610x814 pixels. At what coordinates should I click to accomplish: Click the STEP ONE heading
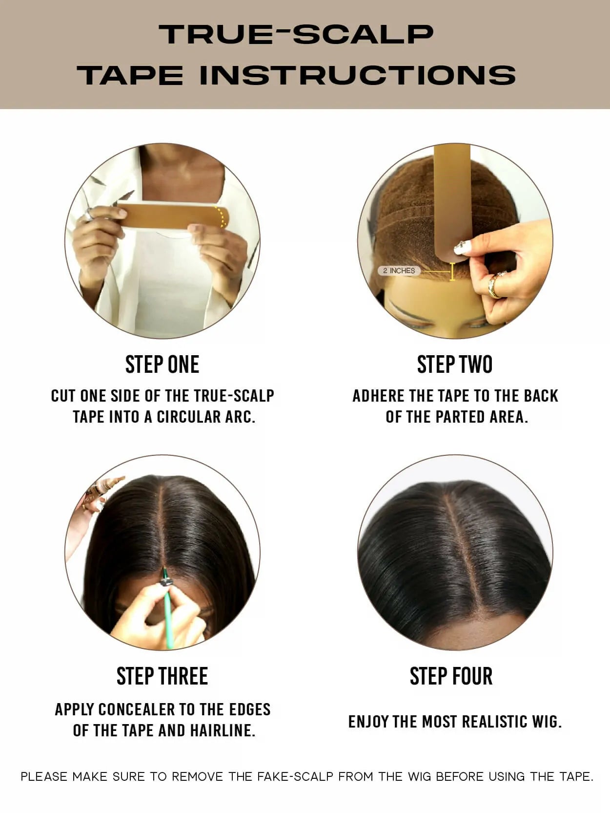pos(162,364)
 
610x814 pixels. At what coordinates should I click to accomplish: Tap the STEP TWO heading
pos(455,364)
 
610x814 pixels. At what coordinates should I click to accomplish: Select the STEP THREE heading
pos(162,676)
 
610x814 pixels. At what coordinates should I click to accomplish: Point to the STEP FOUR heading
pos(451,676)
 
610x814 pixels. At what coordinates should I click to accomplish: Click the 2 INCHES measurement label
pos(399,271)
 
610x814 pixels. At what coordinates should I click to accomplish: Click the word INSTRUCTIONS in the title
pos(357,75)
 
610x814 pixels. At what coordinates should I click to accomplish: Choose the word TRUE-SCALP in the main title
pos(296,34)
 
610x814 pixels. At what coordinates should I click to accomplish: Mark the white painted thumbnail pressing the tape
pos(462,247)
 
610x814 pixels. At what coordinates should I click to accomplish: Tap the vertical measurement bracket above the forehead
pos(452,272)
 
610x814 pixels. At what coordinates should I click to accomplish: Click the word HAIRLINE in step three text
pos(223,730)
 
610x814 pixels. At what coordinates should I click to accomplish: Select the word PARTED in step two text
pos(460,417)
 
